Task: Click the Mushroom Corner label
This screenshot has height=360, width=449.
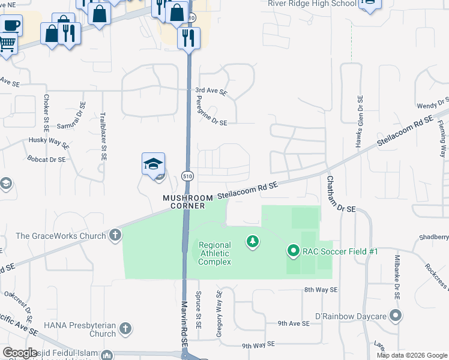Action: tap(187, 202)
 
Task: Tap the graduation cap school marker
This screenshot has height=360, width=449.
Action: tap(153, 164)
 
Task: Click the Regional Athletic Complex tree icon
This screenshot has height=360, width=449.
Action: tap(253, 242)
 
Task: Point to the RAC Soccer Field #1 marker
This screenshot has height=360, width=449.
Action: tap(293, 251)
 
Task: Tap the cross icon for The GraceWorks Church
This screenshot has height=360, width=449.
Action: tap(115, 236)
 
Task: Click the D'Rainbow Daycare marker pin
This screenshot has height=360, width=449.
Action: tap(395, 315)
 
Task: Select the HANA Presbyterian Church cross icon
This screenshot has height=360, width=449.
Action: tap(125, 328)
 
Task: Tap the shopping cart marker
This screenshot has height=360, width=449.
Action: tap(7, 43)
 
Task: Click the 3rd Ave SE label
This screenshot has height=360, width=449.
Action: tap(211, 92)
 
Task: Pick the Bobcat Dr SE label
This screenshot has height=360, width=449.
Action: tap(46, 160)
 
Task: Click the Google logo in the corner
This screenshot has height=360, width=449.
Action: tap(20, 353)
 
